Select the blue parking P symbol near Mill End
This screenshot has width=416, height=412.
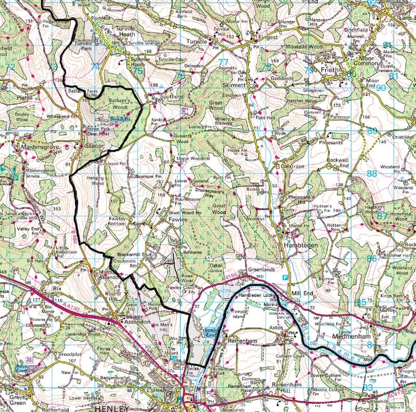[x=285, y=278]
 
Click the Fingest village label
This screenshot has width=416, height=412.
[x=263, y=38]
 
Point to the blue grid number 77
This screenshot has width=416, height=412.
[x=223, y=62]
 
